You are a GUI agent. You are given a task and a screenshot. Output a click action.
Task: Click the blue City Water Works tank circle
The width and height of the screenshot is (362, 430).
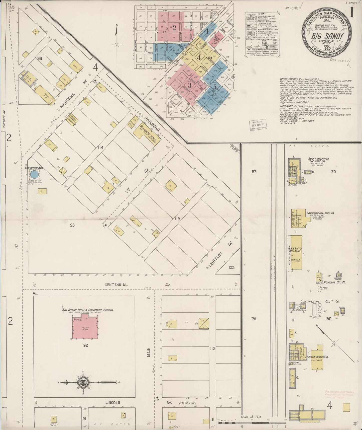click(34, 174)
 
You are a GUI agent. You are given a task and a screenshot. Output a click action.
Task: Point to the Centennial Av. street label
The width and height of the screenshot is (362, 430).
click(116, 285)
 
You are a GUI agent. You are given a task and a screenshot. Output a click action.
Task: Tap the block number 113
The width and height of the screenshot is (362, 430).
click(177, 219)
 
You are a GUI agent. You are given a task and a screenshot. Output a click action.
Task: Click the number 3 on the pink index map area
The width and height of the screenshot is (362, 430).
click(189, 86)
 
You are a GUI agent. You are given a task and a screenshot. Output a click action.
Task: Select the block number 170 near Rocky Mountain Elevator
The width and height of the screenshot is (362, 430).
click(333, 172)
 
